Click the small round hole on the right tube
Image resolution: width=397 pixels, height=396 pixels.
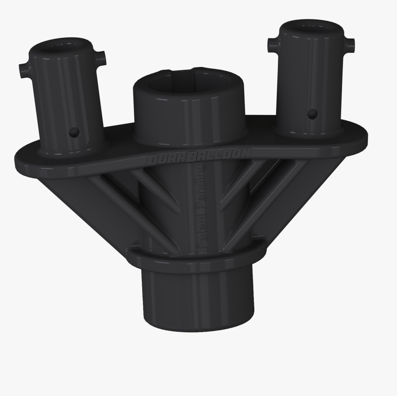312,113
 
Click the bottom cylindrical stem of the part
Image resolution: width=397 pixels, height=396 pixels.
197,296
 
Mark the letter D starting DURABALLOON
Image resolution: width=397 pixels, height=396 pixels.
151,160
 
